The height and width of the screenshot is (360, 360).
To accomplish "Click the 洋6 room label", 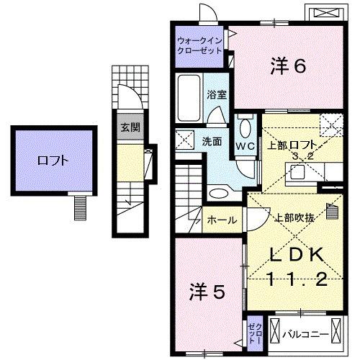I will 289,66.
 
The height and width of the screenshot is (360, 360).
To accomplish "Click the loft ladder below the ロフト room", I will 78,207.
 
